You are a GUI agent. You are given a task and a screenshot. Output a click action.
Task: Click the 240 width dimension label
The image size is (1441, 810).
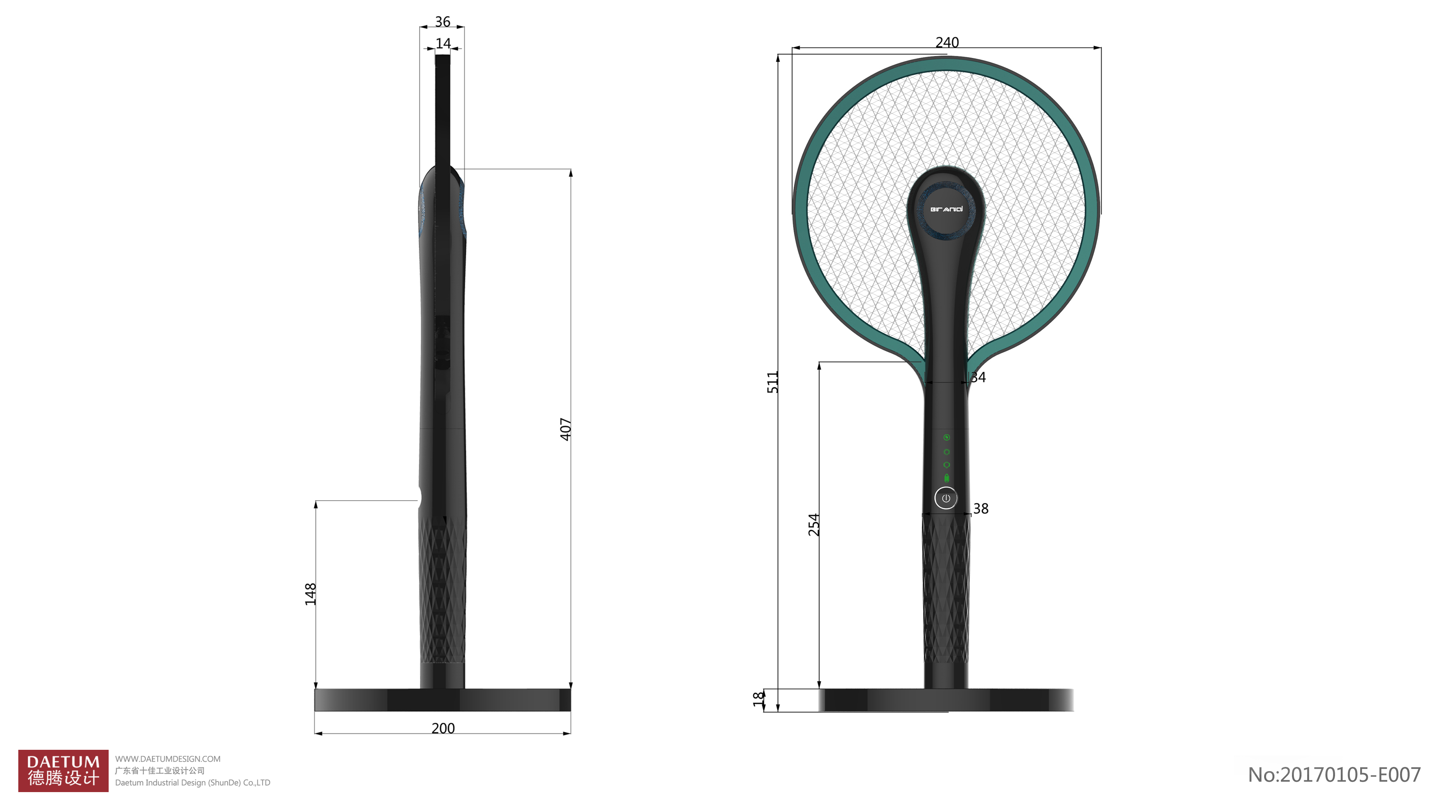[947, 43]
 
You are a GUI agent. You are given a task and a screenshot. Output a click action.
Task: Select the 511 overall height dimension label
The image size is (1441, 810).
[772, 383]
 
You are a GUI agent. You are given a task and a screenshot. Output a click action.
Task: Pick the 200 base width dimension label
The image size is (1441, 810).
[443, 728]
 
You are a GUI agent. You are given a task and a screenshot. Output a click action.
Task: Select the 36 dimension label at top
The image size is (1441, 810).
[443, 22]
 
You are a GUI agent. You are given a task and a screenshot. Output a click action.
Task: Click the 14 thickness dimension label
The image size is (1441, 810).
[443, 43]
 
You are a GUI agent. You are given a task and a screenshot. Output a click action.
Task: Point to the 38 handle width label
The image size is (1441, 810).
[980, 509]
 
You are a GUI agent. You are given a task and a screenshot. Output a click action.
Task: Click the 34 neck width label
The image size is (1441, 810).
[978, 377]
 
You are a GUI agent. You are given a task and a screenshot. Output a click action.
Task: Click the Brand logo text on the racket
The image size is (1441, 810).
[946, 209]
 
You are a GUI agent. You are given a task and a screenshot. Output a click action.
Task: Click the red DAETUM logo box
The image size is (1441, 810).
[63, 770]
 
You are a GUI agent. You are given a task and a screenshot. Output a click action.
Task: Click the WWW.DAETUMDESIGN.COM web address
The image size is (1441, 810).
[168, 759]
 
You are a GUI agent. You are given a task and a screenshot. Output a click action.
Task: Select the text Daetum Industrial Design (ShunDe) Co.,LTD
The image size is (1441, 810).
[193, 783]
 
